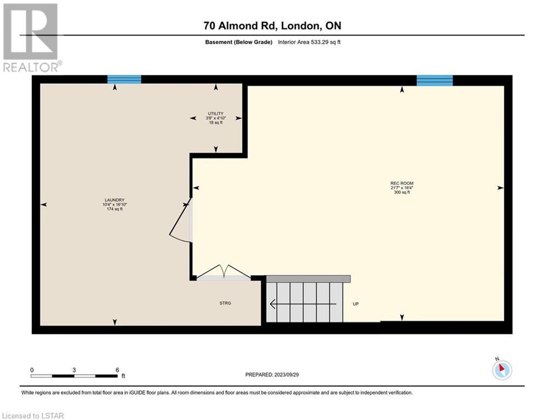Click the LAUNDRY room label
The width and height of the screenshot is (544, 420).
(114, 200)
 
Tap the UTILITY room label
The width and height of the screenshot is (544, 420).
(216, 114)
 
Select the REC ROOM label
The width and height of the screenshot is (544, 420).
(402, 184)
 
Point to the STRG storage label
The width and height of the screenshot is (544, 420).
(225, 304)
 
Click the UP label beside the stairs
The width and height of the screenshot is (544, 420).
(356, 304)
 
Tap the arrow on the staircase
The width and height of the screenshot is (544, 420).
(303, 304)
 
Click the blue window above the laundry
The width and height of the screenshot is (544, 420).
(124, 79)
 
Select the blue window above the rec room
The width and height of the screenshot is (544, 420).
(435, 80)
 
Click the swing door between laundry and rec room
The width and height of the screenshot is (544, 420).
(180, 220)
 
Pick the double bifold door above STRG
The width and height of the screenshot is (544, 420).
(224, 271)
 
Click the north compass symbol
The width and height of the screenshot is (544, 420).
(502, 369)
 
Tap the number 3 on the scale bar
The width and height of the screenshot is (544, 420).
(74, 370)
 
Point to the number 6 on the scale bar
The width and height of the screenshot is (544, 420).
(117, 370)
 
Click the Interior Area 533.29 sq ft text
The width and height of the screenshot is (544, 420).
(309, 42)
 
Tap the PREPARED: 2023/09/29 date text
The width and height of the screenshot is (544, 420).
(272, 375)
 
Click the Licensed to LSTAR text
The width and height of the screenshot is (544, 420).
(33, 416)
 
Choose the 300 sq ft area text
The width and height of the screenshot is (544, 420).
(402, 192)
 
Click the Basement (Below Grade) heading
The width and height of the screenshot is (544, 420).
(239, 42)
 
